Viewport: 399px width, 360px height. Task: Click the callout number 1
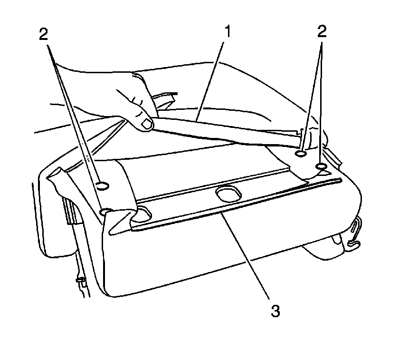tap(228, 31)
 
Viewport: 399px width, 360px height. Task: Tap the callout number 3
tap(275, 311)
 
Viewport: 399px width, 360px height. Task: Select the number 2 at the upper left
tap(44, 34)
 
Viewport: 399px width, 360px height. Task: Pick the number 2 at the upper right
tap(322, 31)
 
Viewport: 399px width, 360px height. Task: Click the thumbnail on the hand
tap(147, 124)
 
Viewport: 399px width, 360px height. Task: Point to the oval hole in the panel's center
tap(228, 195)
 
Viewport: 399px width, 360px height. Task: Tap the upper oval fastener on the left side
tap(103, 186)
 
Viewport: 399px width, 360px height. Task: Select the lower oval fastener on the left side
tap(105, 211)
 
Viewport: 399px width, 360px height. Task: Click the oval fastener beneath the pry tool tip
tap(301, 154)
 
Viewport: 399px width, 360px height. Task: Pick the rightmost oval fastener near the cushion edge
tap(322, 166)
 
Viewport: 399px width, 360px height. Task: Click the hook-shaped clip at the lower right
tap(354, 232)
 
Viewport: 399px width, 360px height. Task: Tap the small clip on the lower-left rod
tap(81, 280)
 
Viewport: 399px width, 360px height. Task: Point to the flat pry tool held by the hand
tap(227, 132)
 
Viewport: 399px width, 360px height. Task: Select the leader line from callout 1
tap(210, 81)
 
